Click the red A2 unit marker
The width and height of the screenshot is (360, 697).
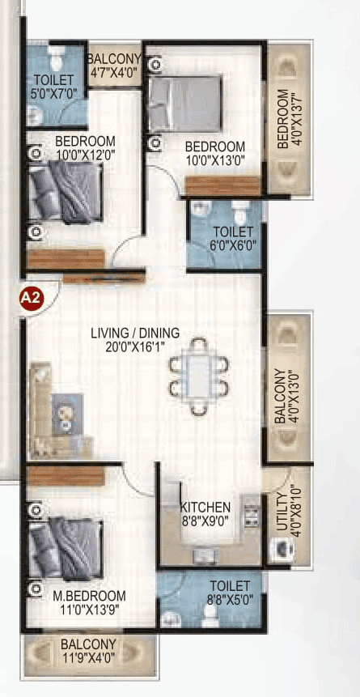tap(30, 298)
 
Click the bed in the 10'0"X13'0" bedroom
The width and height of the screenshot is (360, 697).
tap(184, 104)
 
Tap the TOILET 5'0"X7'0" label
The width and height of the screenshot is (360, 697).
tap(53, 86)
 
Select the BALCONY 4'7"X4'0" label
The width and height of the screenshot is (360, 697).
tap(114, 65)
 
